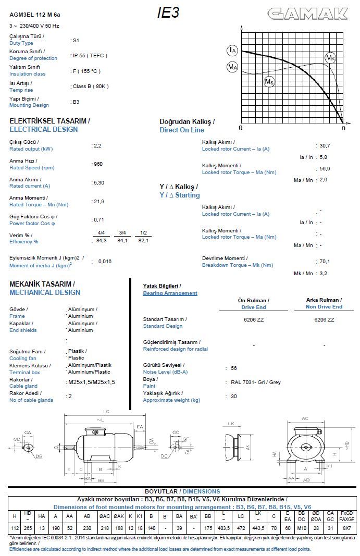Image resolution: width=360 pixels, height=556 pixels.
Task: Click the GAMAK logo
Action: [x=308, y=14]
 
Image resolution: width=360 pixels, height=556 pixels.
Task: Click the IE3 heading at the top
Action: [x=168, y=13]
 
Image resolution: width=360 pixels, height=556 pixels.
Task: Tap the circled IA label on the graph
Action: [x=232, y=51]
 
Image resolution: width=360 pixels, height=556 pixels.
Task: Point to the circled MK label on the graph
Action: [x=330, y=57]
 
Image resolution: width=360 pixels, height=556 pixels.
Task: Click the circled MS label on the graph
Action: [x=269, y=81]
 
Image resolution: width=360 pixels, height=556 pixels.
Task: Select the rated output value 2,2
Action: [x=98, y=145]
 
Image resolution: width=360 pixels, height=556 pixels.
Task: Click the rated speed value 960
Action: [x=98, y=164]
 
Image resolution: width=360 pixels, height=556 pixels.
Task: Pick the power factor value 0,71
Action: [x=99, y=220]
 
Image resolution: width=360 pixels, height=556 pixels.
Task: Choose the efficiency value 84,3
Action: [x=102, y=240]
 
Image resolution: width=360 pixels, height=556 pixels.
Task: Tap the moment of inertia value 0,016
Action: [x=105, y=262]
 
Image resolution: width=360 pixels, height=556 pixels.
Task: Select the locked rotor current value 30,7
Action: [x=325, y=146]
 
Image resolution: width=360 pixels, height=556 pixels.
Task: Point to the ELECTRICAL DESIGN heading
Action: [x=44, y=129]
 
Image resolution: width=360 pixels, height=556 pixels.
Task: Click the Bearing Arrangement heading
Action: [x=170, y=293]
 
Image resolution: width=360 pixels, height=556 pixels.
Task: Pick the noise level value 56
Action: [x=234, y=368]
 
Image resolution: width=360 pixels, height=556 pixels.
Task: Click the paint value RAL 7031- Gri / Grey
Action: [x=256, y=382]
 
